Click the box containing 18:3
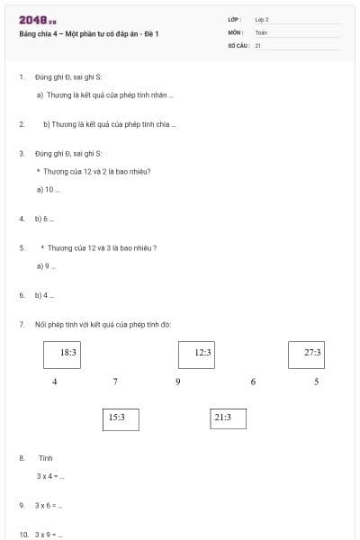click(x=67, y=354)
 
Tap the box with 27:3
click(x=311, y=354)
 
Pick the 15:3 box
click(x=116, y=418)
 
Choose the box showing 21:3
click(x=222, y=418)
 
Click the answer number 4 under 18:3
click(x=55, y=382)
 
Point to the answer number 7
click(x=115, y=382)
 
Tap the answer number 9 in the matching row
click(x=178, y=382)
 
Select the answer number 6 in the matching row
click(x=253, y=382)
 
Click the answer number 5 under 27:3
click(x=317, y=382)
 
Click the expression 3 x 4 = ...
click(x=49, y=476)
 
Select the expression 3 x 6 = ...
click(x=48, y=506)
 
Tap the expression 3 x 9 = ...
click(x=48, y=535)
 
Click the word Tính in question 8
click(x=46, y=458)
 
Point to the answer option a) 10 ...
click(x=48, y=190)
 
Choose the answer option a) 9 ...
click(x=46, y=266)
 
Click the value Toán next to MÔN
click(x=261, y=32)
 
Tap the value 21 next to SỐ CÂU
click(x=258, y=44)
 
